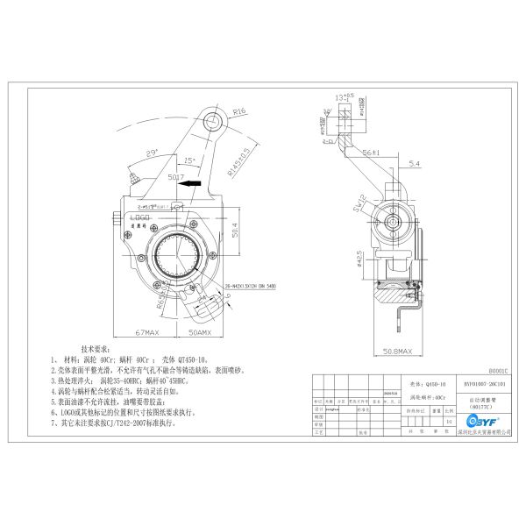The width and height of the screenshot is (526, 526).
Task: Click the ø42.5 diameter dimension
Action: point(359,260)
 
